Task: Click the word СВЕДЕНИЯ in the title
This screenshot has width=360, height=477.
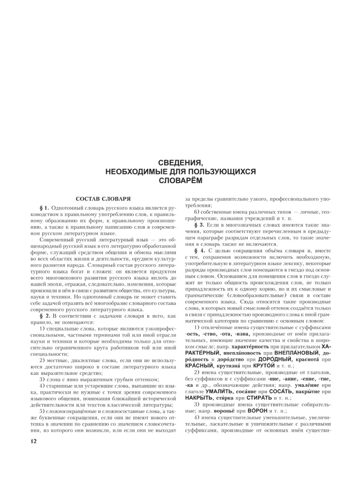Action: [x=180, y=163]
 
